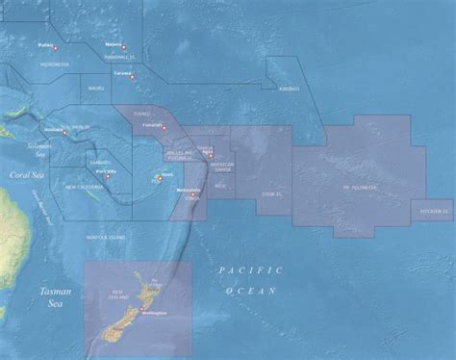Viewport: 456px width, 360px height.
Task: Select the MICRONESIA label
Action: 53,64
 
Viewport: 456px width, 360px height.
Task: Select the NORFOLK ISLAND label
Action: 106,237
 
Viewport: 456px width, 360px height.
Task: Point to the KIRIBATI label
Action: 287,89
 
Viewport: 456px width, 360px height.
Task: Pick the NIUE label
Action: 220,186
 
